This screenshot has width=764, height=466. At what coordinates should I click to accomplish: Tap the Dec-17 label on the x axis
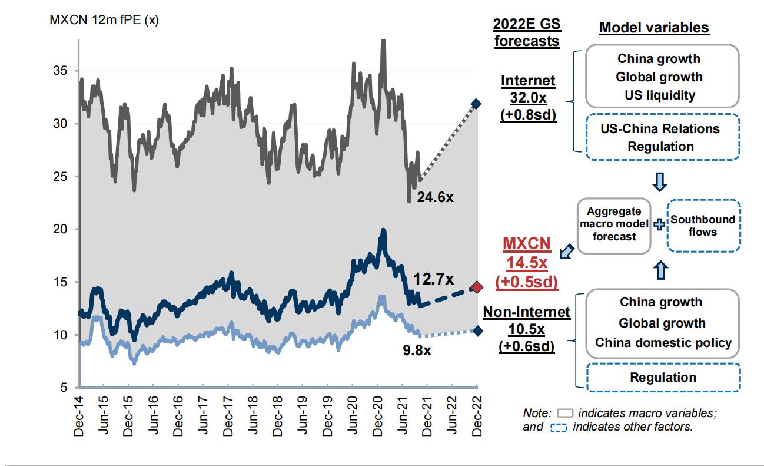pos(228,416)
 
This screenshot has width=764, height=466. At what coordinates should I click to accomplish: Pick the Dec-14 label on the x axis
pos(78,416)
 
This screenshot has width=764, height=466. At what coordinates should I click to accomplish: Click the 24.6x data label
pos(435,197)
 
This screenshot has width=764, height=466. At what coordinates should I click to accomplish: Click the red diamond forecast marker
pos(477,287)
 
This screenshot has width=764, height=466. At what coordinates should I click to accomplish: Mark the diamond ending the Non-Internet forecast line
pos(477,331)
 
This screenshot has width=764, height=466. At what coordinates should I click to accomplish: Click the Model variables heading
pos(653,28)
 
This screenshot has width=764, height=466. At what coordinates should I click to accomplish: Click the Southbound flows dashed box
pos(703,226)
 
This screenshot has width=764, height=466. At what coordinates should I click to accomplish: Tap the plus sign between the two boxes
pos(659,224)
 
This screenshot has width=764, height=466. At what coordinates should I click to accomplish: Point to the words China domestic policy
pos(663,343)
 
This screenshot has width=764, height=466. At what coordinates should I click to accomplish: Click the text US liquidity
pos(659,95)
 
